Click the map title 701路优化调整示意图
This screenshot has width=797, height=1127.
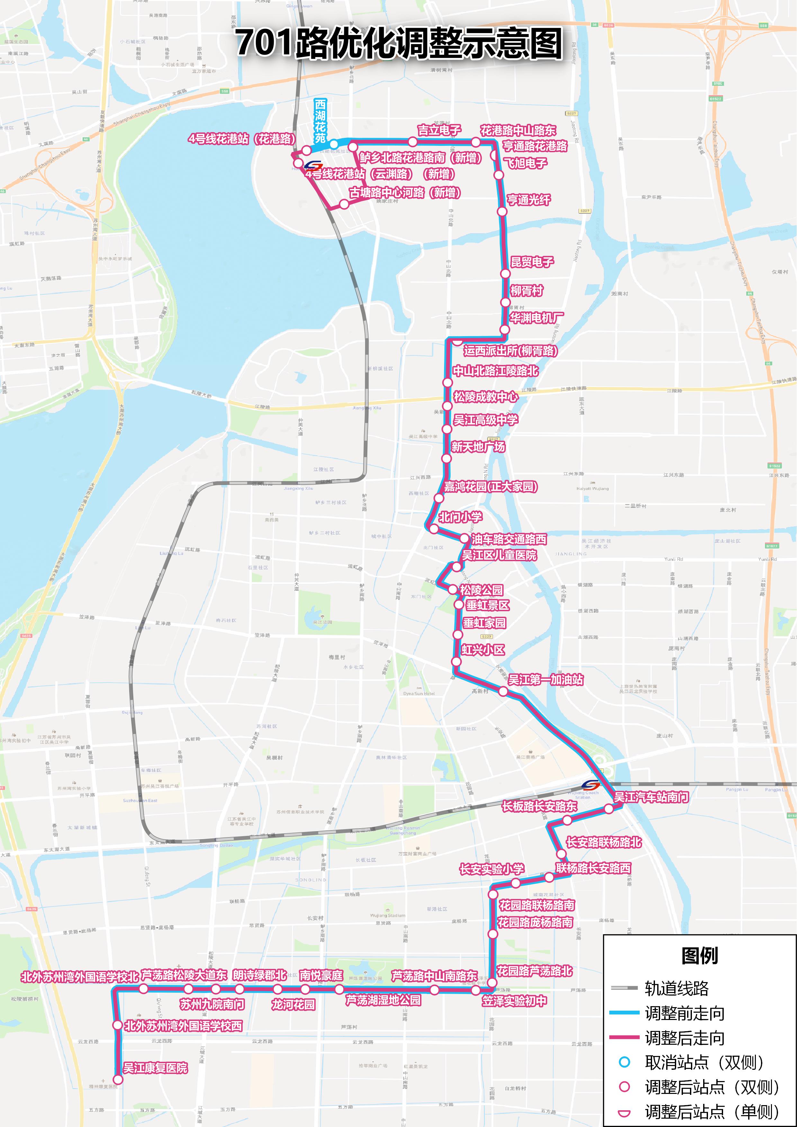[x=398, y=43]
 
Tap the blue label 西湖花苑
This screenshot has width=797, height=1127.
[x=320, y=121]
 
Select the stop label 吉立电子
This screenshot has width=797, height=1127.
[x=439, y=130]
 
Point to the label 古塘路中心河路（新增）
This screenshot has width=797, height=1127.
[x=405, y=192]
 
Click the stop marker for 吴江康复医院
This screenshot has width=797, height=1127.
[x=118, y=1079]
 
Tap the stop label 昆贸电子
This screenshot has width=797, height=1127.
[x=532, y=262]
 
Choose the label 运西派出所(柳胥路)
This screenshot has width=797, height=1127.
[x=510, y=351]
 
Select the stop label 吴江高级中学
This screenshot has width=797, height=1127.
[x=485, y=420]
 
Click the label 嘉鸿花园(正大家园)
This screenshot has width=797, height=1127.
[x=491, y=487]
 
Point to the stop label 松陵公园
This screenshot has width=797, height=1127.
[x=481, y=589]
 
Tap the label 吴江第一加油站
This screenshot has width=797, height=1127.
[x=545, y=679]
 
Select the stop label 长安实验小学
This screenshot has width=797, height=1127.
[x=491, y=869]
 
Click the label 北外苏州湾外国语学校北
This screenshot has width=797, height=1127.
[x=79, y=977]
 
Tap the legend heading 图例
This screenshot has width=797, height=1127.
[x=699, y=956]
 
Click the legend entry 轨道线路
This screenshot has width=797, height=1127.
[x=676, y=988]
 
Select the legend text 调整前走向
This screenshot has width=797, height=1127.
[x=684, y=1013]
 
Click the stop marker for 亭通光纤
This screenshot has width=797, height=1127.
[x=502, y=211]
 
